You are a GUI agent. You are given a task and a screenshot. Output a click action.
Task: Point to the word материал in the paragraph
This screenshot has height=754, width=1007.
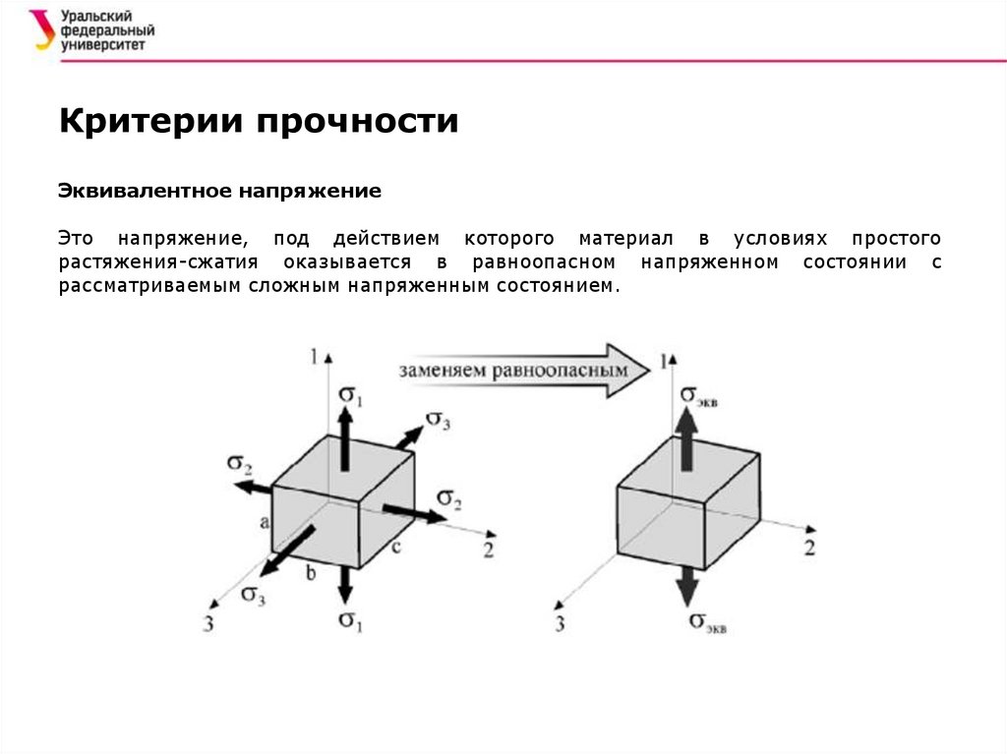(x=626, y=239)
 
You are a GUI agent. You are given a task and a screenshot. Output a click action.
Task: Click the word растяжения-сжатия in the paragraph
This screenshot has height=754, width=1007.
(x=157, y=262)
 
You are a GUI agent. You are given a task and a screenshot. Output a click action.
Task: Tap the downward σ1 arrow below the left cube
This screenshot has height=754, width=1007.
(x=344, y=586)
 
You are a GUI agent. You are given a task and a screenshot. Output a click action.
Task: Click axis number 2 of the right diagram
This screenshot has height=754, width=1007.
(x=809, y=548)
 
